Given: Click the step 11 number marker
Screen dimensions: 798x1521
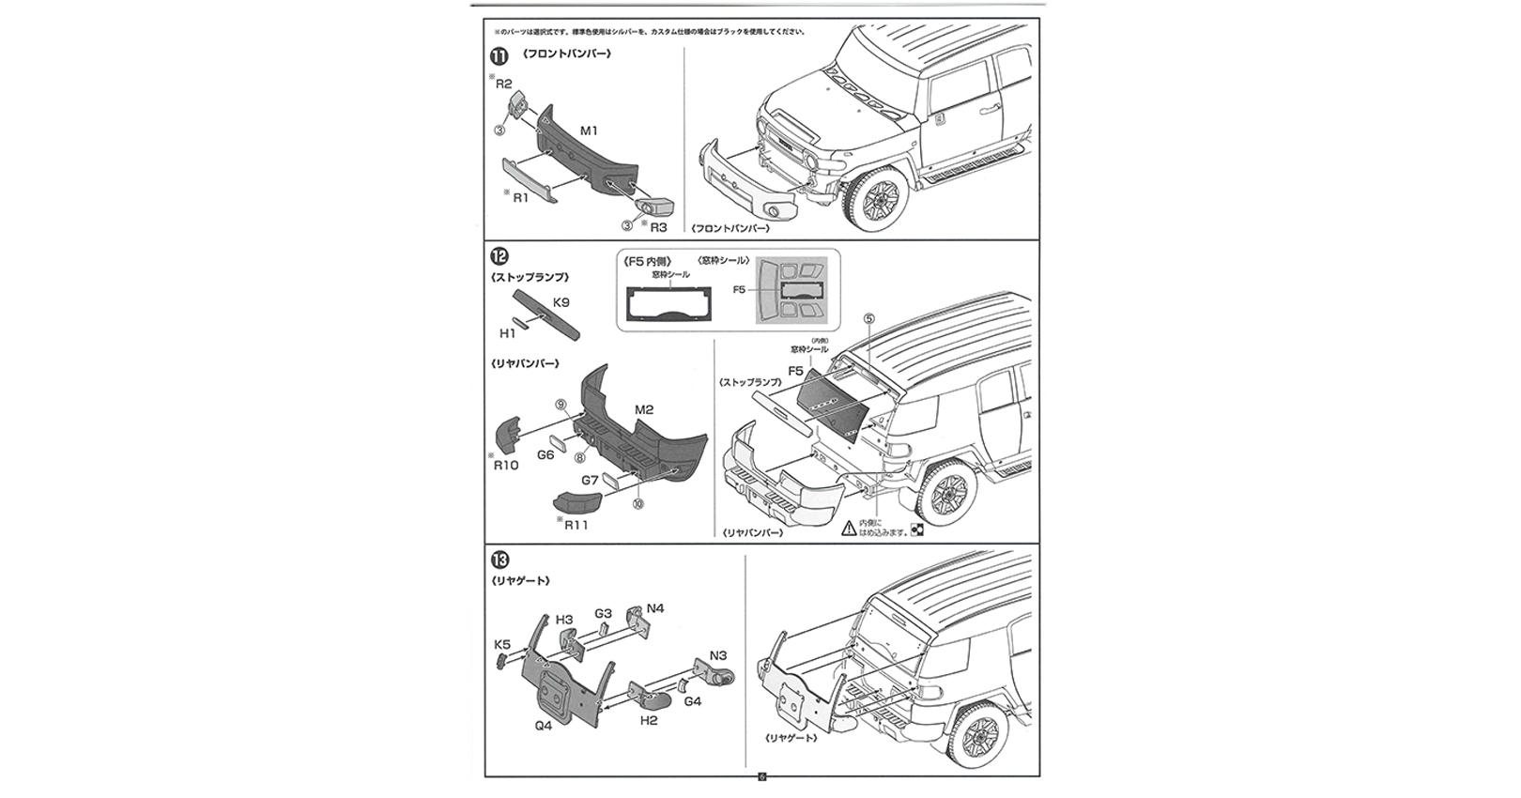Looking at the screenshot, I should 499,54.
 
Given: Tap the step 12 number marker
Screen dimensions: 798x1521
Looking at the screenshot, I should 499,255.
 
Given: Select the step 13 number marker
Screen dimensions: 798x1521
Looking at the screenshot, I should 499,560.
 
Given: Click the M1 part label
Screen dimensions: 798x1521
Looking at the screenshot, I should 589,130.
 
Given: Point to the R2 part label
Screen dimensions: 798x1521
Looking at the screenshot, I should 504,84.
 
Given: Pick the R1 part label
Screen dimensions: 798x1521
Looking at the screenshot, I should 520,198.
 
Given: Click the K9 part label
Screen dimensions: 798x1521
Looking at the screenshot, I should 561,302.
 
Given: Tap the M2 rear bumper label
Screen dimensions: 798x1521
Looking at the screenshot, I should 644,409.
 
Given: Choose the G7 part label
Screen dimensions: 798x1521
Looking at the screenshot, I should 590,480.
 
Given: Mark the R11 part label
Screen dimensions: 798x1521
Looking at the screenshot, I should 576,525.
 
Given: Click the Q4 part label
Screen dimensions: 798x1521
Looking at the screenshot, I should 543,725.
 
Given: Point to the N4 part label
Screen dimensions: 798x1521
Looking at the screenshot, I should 654,608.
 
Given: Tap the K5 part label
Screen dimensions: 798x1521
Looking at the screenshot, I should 502,644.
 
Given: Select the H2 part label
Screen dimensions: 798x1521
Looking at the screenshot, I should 648,720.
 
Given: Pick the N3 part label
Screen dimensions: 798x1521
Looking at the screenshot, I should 718,655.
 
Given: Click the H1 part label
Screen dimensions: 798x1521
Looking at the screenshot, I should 508,333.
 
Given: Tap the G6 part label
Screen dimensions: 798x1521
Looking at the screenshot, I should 545,454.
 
